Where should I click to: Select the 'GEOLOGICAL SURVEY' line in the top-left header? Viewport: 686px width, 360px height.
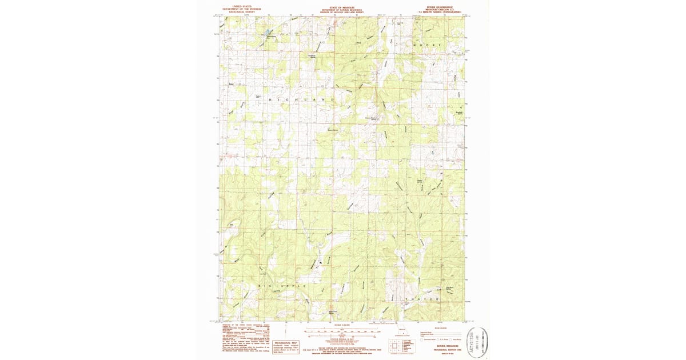click(241, 11)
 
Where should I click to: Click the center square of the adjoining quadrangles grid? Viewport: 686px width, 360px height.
click(396, 345)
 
